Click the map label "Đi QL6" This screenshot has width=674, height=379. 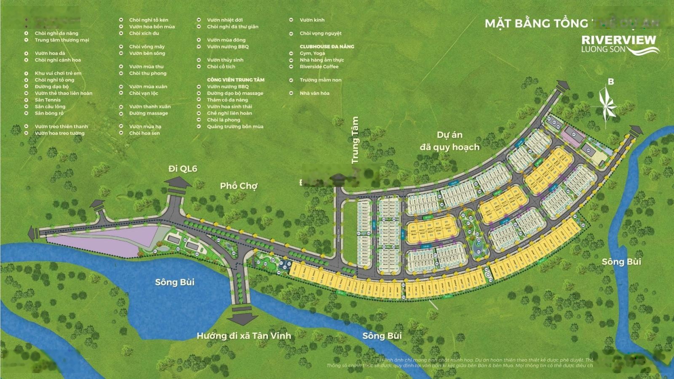coord(182,169)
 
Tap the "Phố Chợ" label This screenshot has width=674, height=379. coord(238,186)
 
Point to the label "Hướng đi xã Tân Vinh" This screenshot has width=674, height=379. coord(243,336)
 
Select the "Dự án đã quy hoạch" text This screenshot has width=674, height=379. coord(449,141)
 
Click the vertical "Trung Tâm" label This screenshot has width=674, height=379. coord(355,140)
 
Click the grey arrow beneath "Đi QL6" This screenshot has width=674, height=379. coord(177,184)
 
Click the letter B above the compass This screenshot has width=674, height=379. coord(611,82)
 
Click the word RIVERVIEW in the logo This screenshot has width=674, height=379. coord(618,40)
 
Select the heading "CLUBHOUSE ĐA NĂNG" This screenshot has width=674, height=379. coord(326,46)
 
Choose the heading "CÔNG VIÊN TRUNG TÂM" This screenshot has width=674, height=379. coord(235,80)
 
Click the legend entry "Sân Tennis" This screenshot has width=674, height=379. coord(48,100)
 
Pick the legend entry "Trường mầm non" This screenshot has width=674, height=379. coord(320,80)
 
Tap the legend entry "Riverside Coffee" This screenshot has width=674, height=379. coord(319,67)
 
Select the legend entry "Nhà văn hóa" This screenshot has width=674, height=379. coord(314,93)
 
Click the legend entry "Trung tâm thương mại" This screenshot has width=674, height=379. coord(62,40)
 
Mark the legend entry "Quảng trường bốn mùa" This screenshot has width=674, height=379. coord(235,126)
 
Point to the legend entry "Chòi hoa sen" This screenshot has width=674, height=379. coord(144,133)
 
